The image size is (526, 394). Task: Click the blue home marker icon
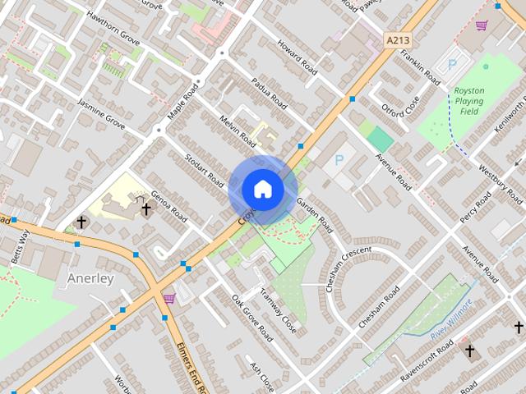(x=263, y=189)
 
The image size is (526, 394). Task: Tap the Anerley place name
(x=90, y=278)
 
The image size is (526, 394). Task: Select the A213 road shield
(x=398, y=39)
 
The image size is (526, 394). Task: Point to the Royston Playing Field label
(x=471, y=100)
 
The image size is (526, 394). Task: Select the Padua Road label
(x=269, y=93)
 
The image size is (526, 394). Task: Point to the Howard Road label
(x=296, y=57)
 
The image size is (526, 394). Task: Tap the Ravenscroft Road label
(x=424, y=358)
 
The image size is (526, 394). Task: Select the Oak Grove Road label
(x=251, y=318)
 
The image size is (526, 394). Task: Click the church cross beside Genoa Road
(x=146, y=209)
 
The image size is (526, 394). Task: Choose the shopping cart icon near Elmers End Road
(x=169, y=298)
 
